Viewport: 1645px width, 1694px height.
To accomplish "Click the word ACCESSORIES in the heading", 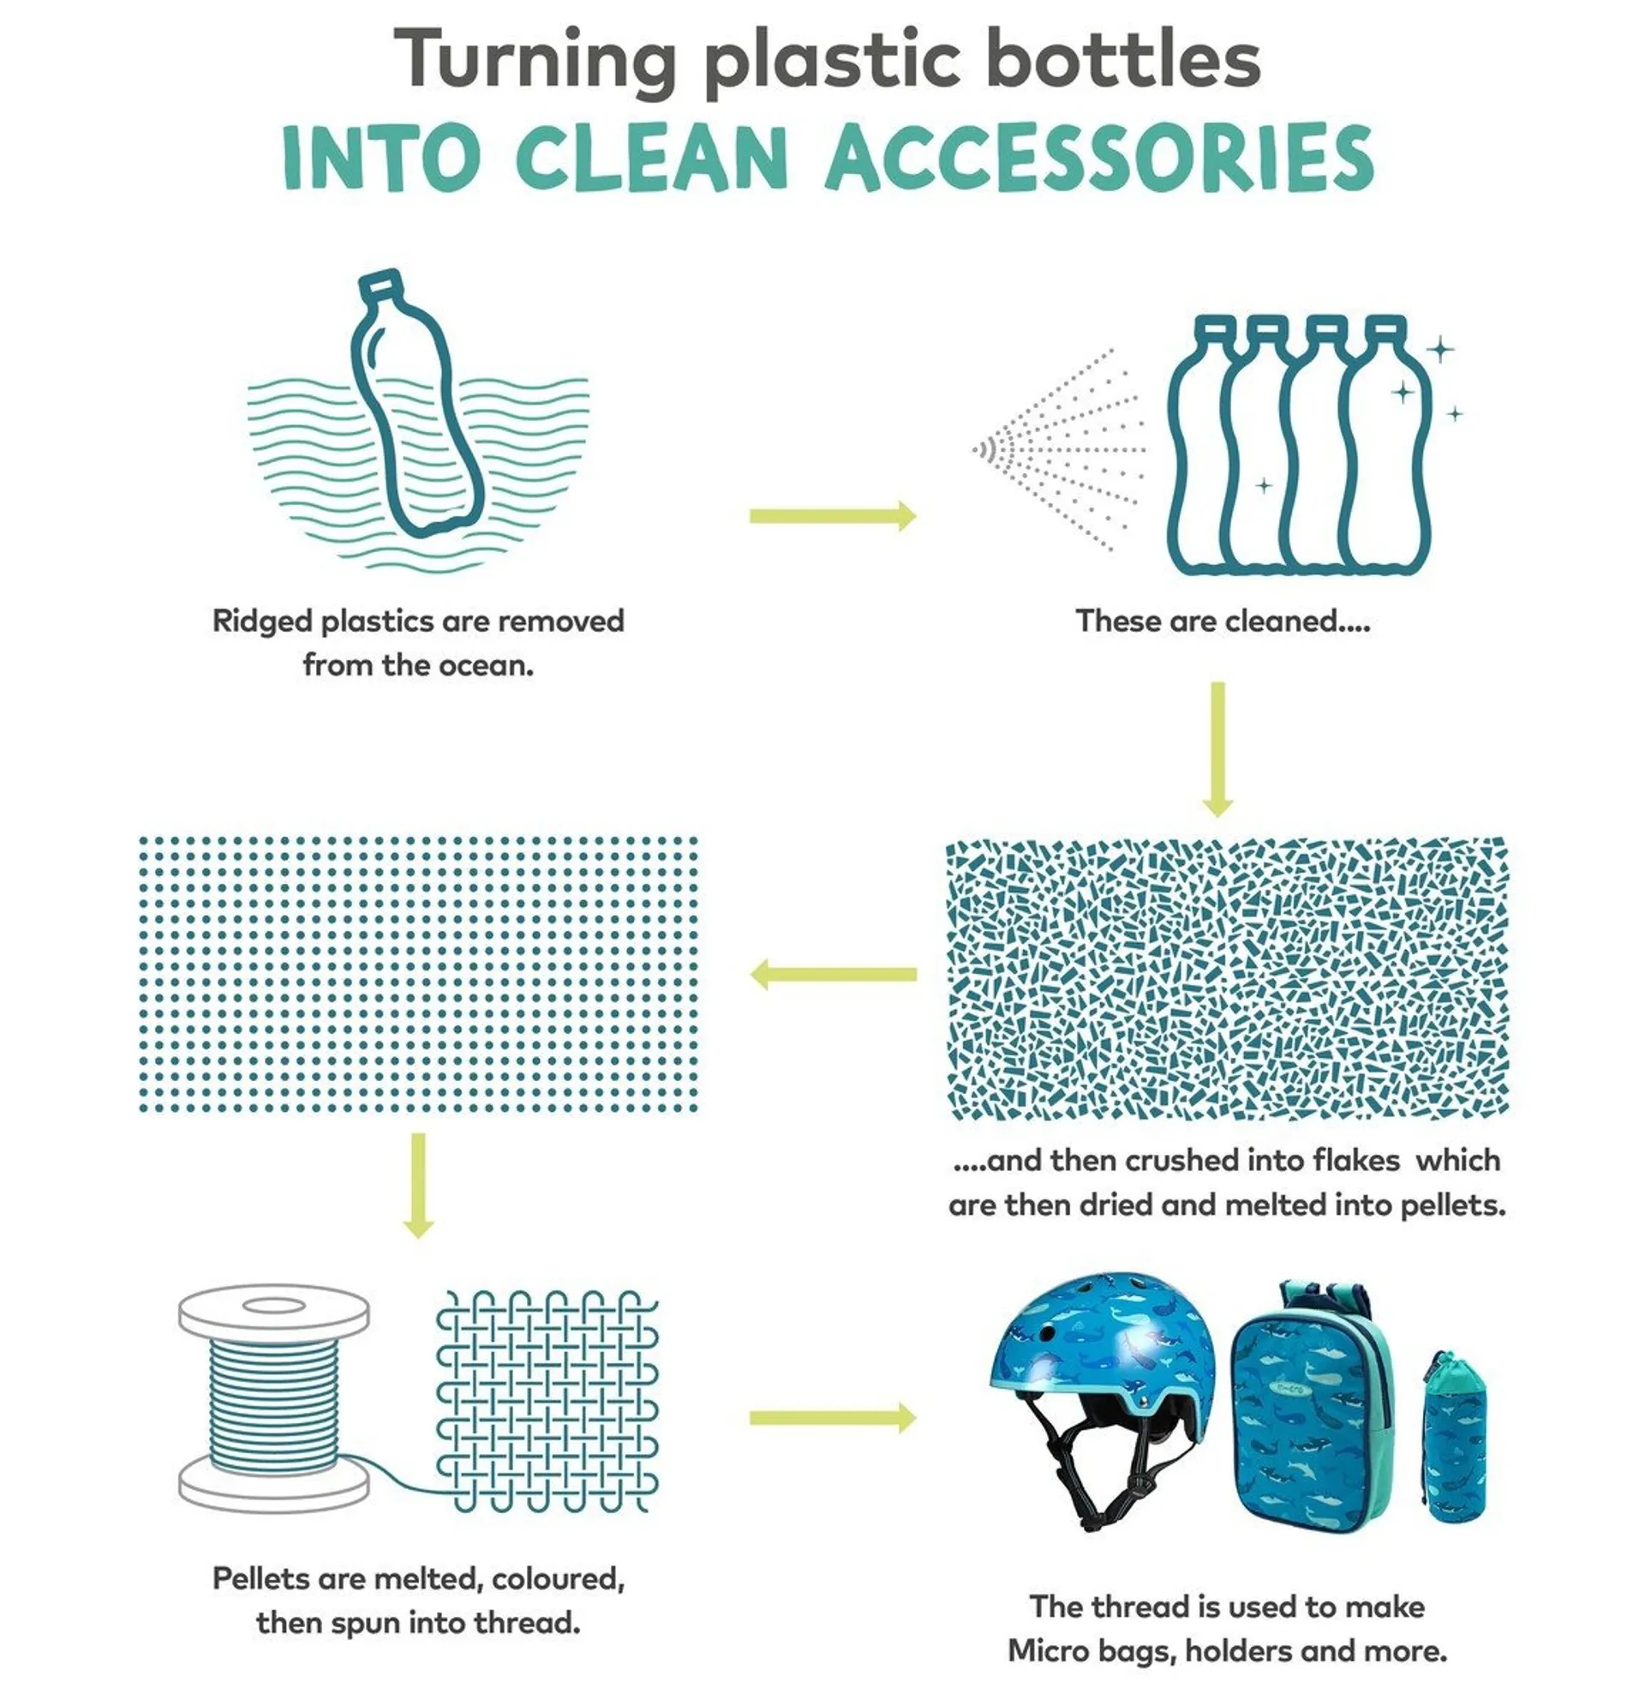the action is [1100, 157].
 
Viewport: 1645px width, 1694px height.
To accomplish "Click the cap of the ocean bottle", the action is [380, 285].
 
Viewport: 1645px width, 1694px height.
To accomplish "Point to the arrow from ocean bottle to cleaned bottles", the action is [833, 516].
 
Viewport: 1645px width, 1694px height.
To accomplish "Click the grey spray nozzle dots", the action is [1058, 449].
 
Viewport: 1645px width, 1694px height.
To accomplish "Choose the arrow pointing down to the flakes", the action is [1217, 749].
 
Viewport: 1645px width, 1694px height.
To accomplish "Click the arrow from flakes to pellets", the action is [833, 974].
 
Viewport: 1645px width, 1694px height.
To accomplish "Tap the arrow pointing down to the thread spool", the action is [418, 1185].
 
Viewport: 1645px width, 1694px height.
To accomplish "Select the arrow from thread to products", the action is [833, 1418].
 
